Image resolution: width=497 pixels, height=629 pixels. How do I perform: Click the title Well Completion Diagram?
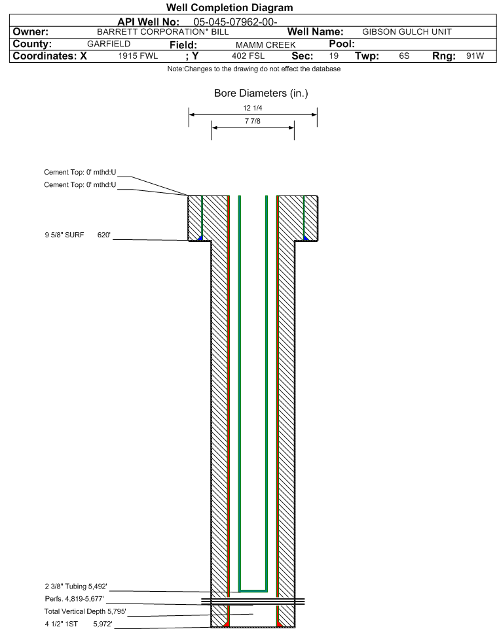[229, 8]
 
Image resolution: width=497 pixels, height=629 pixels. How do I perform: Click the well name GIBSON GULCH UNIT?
[407, 32]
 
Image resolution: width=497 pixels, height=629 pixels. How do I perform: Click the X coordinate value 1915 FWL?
[138, 56]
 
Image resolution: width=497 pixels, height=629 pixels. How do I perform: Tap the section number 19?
[334, 56]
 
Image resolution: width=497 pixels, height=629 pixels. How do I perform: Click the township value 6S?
[404, 56]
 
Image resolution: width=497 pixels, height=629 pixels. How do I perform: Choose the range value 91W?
[475, 56]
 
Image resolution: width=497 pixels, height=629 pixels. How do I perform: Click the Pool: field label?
[342, 44]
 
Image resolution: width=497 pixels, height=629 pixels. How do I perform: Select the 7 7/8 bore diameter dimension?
[252, 121]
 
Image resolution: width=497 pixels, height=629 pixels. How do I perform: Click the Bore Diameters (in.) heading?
[261, 93]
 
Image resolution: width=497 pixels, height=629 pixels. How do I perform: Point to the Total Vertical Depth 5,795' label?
[84, 611]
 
